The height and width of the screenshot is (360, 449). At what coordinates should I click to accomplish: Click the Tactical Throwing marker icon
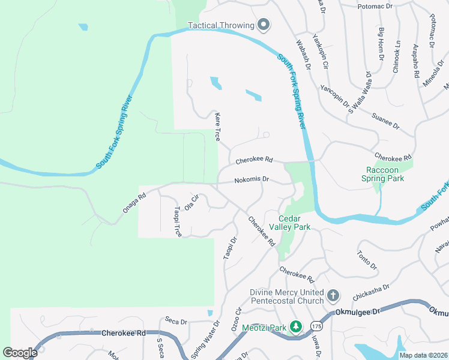[x=264, y=25]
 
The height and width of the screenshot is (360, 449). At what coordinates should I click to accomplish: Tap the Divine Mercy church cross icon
[x=333, y=296]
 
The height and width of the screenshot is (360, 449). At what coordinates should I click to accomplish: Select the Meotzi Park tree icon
[x=295, y=327]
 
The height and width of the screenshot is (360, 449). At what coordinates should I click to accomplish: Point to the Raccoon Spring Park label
[x=382, y=174]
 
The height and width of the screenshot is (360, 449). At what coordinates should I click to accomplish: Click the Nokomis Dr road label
[x=252, y=179]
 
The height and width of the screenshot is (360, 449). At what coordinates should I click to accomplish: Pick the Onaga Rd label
[x=134, y=202]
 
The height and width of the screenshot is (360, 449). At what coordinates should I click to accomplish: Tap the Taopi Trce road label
[x=178, y=222]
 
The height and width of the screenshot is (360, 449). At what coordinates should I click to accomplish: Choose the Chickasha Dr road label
[x=372, y=292]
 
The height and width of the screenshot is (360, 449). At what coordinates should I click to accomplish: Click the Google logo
[x=20, y=353]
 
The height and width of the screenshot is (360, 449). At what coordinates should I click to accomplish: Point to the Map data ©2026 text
[x=423, y=355]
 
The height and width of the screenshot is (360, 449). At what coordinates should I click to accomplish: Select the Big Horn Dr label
[x=381, y=44]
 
